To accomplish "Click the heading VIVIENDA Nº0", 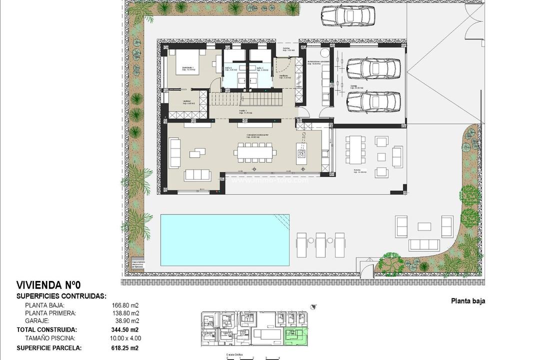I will coord(49,285).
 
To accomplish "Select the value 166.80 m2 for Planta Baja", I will coord(124,305).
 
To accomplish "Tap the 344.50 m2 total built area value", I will coord(124,329).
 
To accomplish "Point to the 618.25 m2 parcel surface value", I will coord(124,348).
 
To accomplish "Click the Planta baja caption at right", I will coord(468,301).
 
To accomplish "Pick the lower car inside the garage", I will coord(373,101).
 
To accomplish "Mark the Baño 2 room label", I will coord(229,69).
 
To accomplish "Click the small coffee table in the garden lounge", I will coord(424,226).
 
